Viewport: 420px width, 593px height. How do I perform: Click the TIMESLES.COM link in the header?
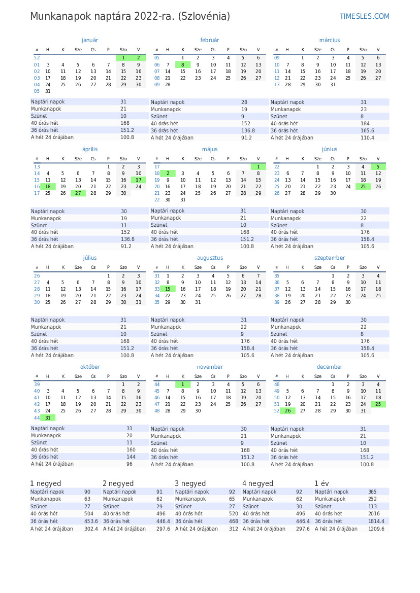click(x=364, y=17)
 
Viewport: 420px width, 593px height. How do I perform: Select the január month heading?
click(x=90, y=40)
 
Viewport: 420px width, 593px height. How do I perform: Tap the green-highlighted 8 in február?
click(x=183, y=65)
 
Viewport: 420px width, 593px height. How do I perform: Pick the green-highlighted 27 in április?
click(x=78, y=193)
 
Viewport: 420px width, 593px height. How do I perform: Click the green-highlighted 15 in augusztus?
click(x=168, y=289)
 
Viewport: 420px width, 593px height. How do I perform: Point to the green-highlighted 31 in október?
click(x=48, y=418)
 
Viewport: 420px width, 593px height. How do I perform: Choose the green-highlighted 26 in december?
click(x=287, y=411)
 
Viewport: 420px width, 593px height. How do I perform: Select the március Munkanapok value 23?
click(x=364, y=110)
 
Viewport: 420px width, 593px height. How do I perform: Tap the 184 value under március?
click(x=365, y=124)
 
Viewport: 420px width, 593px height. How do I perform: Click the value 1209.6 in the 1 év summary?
click(x=376, y=529)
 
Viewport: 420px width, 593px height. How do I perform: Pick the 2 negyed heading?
click(x=118, y=483)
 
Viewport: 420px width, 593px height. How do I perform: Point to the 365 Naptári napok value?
click(x=372, y=492)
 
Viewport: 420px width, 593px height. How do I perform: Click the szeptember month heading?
click(x=330, y=258)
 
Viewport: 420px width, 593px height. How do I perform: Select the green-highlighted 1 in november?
click(x=183, y=385)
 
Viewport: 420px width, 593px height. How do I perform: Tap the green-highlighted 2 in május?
click(x=168, y=173)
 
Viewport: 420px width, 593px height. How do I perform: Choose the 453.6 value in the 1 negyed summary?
click(x=91, y=521)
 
